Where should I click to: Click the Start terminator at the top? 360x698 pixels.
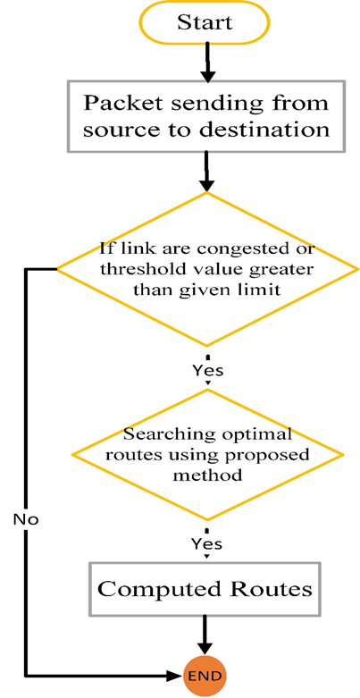(x=205, y=21)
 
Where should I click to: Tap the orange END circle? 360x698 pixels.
(x=205, y=677)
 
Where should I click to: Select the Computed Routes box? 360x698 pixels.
(x=205, y=589)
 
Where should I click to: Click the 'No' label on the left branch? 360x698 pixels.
(x=26, y=519)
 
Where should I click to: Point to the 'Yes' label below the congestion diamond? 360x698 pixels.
(x=207, y=370)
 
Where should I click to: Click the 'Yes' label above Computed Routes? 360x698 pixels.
(x=207, y=543)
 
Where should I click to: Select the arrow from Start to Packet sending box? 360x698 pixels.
(x=206, y=62)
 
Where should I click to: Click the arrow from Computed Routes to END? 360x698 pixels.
(x=205, y=635)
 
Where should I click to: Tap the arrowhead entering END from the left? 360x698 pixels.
(x=177, y=677)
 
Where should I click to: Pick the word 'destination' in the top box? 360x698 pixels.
(x=264, y=130)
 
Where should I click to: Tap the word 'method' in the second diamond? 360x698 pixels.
(x=208, y=475)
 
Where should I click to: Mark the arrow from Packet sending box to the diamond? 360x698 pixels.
(x=206, y=172)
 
